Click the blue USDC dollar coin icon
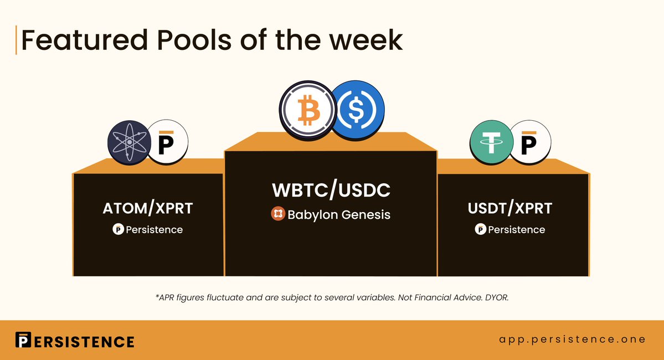[357, 110]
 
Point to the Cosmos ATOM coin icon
[129, 142]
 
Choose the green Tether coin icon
[491, 142]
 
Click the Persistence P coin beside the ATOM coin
[167, 142]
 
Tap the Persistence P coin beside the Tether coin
[530, 142]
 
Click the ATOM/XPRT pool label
[148, 208]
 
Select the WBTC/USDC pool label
[331, 190]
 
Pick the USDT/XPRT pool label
[510, 208]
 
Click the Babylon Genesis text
[339, 215]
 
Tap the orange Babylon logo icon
[278, 214]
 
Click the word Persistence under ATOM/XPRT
[154, 229]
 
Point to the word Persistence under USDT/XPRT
[516, 229]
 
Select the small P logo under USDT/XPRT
[480, 229]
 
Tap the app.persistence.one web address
[572, 340]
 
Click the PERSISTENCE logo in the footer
[75, 340]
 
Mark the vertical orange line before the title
[16, 40]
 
